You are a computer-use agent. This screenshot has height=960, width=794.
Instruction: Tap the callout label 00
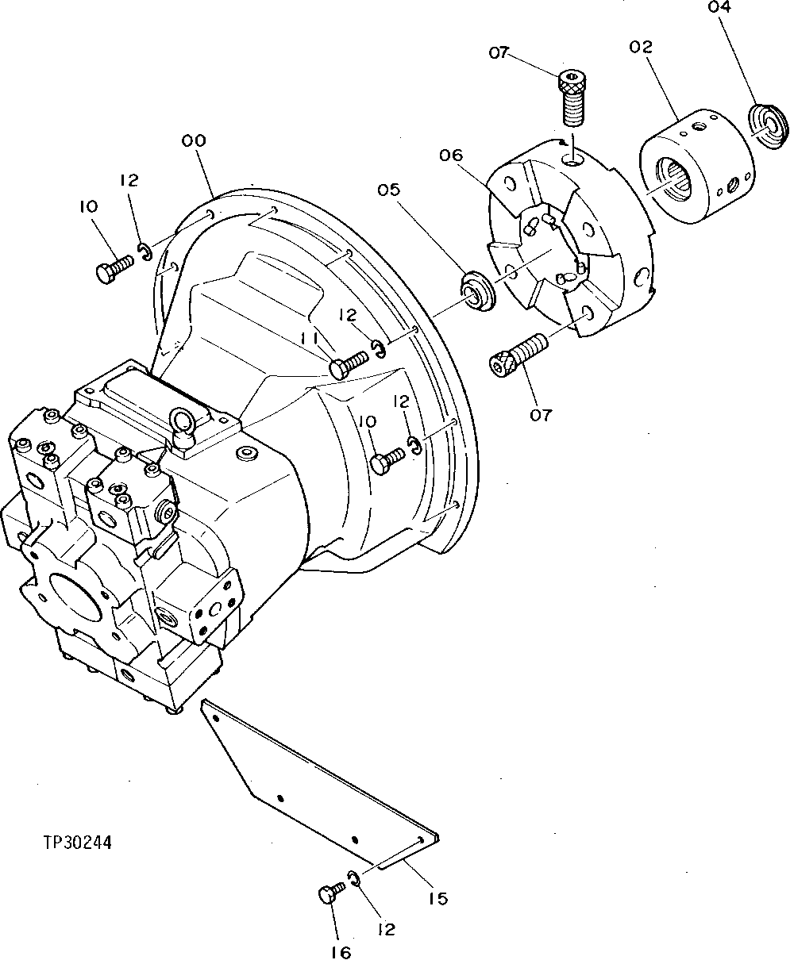pos(194,140)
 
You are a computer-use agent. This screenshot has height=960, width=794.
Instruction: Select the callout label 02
pos(641,48)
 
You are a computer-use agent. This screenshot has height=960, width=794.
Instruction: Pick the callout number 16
pos(340,953)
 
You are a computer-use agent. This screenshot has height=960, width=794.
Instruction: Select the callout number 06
pos(450,156)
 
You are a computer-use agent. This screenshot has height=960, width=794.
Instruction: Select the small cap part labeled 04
pos(769,125)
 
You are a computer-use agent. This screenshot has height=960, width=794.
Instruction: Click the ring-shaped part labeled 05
pos(479,290)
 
